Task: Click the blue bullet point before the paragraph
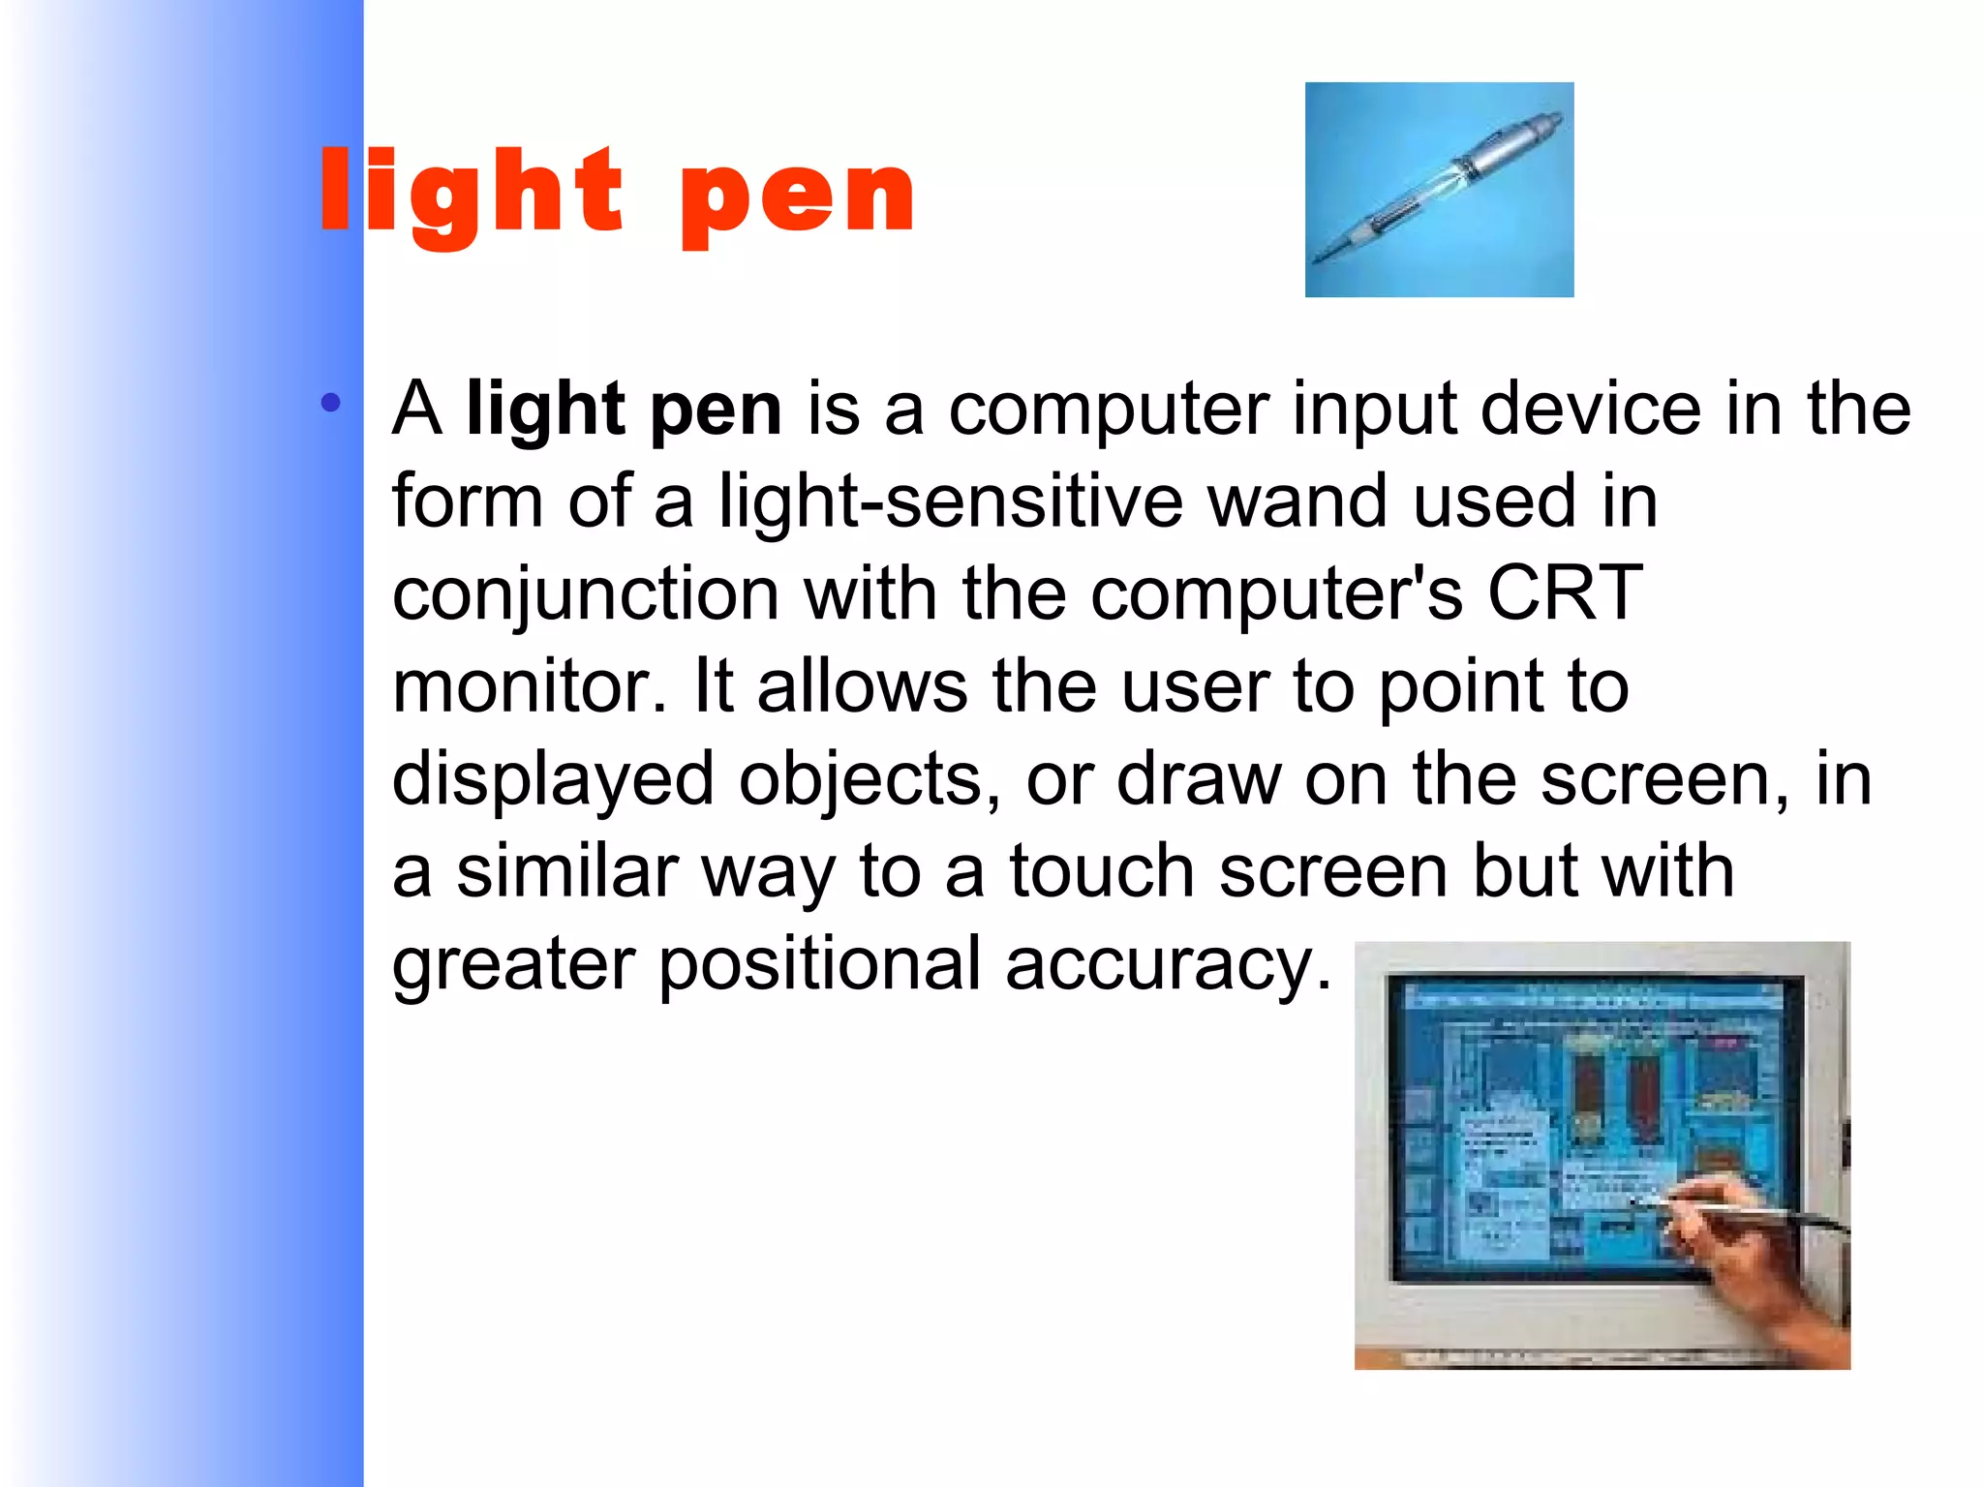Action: (x=331, y=403)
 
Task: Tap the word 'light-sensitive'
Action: (x=950, y=502)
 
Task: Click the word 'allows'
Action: (x=862, y=686)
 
